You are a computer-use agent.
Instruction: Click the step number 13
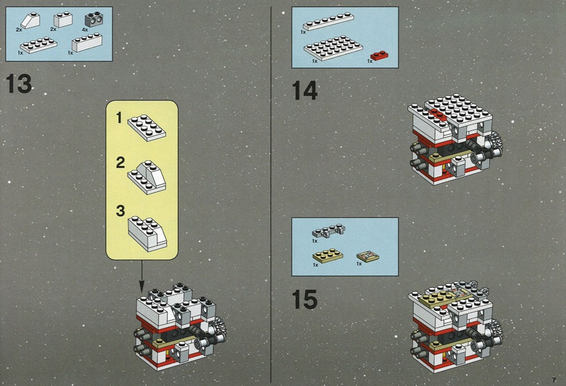tap(19, 84)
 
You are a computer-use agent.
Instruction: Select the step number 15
tap(305, 299)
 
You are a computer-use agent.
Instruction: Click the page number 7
tap(554, 380)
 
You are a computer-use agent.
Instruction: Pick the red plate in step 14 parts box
tap(379, 56)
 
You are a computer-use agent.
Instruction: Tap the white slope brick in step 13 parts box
tap(31, 21)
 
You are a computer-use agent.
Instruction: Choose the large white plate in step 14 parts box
tap(333, 47)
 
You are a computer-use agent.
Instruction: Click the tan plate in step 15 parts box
tap(328, 255)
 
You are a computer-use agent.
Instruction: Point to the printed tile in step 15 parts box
tap(368, 256)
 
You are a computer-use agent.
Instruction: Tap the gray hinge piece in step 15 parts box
tap(328, 231)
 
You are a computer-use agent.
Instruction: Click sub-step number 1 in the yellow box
tap(119, 118)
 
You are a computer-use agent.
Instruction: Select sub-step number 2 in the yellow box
tap(120, 163)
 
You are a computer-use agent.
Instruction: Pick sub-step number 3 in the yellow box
tap(120, 211)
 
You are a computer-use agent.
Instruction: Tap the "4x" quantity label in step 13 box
tap(85, 29)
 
